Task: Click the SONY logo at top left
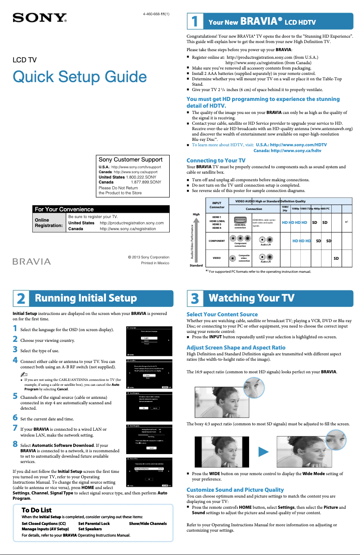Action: [40, 18]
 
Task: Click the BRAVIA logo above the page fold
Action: [34, 261]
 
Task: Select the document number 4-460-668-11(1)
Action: [156, 14]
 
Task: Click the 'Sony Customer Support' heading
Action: [130, 159]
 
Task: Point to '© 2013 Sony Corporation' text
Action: [148, 257]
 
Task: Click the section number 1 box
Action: [194, 22]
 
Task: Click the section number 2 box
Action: [21, 298]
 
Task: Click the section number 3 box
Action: [194, 298]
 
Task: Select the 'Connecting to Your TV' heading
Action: [215, 160]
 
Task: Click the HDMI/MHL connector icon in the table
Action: [240, 220]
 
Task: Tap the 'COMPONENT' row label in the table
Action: [217, 241]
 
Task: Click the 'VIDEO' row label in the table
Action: [217, 258]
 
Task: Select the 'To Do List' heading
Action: [36, 510]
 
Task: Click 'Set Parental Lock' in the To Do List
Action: [94, 524]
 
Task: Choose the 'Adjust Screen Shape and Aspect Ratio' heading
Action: [236, 347]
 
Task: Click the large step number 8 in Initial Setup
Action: [16, 444]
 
